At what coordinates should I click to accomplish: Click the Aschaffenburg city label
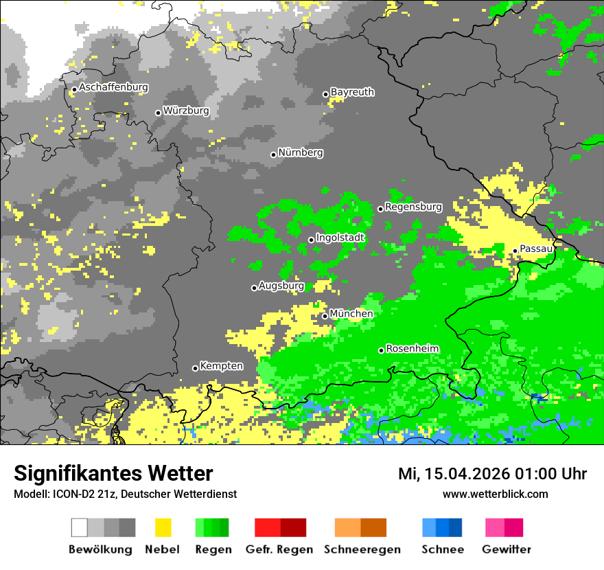113,87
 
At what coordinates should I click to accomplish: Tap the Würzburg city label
185,111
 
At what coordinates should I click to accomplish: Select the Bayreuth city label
352,92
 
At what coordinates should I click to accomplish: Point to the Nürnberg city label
300,152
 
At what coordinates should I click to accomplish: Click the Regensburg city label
413,207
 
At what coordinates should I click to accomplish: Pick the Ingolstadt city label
340,238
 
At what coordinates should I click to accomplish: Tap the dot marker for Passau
515,251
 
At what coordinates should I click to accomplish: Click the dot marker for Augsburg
254,288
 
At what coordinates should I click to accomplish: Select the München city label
351,314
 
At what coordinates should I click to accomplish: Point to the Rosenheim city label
412,349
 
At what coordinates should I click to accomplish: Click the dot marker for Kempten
195,368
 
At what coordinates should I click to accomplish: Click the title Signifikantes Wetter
113,473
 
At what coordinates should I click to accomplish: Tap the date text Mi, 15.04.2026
459,474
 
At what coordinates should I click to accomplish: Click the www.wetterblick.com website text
495,494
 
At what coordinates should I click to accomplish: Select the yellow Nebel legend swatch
163,527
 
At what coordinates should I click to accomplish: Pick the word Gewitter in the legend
507,549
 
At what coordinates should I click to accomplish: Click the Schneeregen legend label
362,549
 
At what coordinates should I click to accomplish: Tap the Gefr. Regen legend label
279,549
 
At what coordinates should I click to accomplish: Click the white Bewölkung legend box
80,527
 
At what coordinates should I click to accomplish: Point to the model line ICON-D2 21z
125,494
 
